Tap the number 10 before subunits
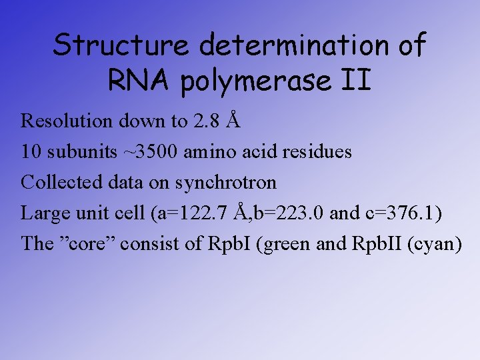[x=31, y=151]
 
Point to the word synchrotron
[x=227, y=182]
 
